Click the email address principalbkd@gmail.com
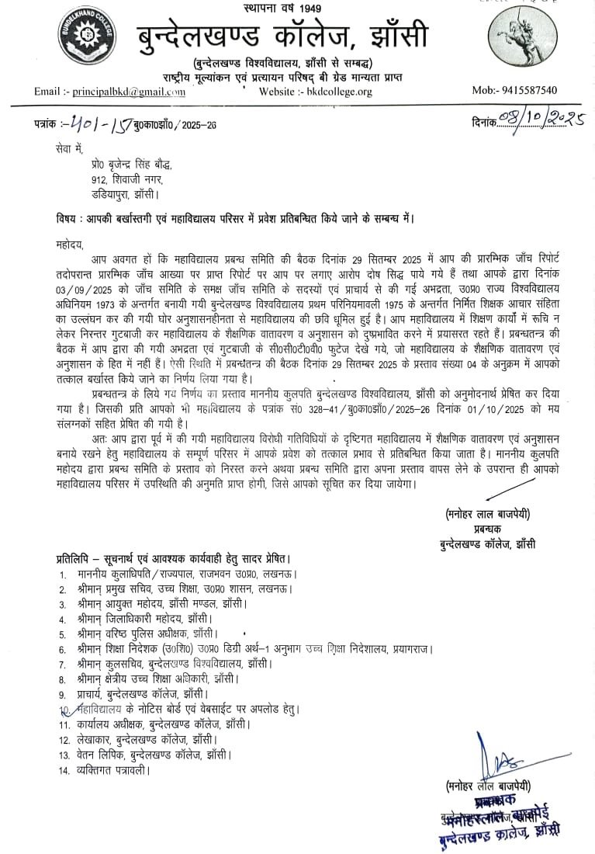130,92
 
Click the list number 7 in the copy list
62,665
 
